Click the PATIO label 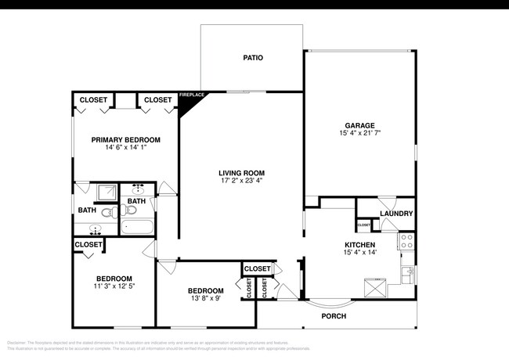point(252,58)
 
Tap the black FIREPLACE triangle point(188,102)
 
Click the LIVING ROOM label point(241,173)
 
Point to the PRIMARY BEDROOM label point(125,140)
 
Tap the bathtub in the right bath point(139,227)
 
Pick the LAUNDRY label point(396,214)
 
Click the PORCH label point(334,316)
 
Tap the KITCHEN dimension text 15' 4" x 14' point(360,253)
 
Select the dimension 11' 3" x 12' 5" point(114,287)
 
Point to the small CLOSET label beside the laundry point(364,225)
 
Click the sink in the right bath point(139,189)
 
